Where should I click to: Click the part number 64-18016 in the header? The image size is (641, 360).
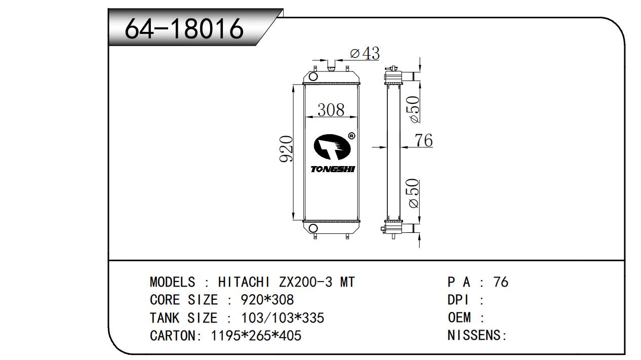pyautogui.click(x=184, y=28)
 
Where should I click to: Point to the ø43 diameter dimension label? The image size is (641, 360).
pyautogui.click(x=365, y=53)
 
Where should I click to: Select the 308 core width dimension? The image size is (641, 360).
pyautogui.click(x=331, y=110)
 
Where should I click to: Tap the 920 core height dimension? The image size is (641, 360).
pyautogui.click(x=286, y=149)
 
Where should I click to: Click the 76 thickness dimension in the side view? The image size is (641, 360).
pyautogui.click(x=424, y=140)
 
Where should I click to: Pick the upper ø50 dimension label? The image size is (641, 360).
pyautogui.click(x=414, y=109)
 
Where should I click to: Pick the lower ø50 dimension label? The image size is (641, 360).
pyautogui.click(x=414, y=193)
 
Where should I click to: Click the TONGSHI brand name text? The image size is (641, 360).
pyautogui.click(x=333, y=170)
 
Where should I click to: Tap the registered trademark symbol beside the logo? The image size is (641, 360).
pyautogui.click(x=352, y=136)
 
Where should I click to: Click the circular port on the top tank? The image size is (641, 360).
pyautogui.click(x=313, y=76)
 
